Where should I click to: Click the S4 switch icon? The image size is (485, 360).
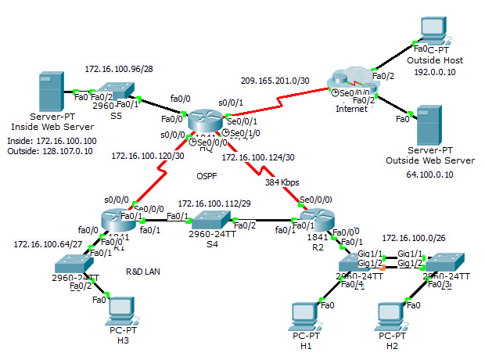click(211, 219)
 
